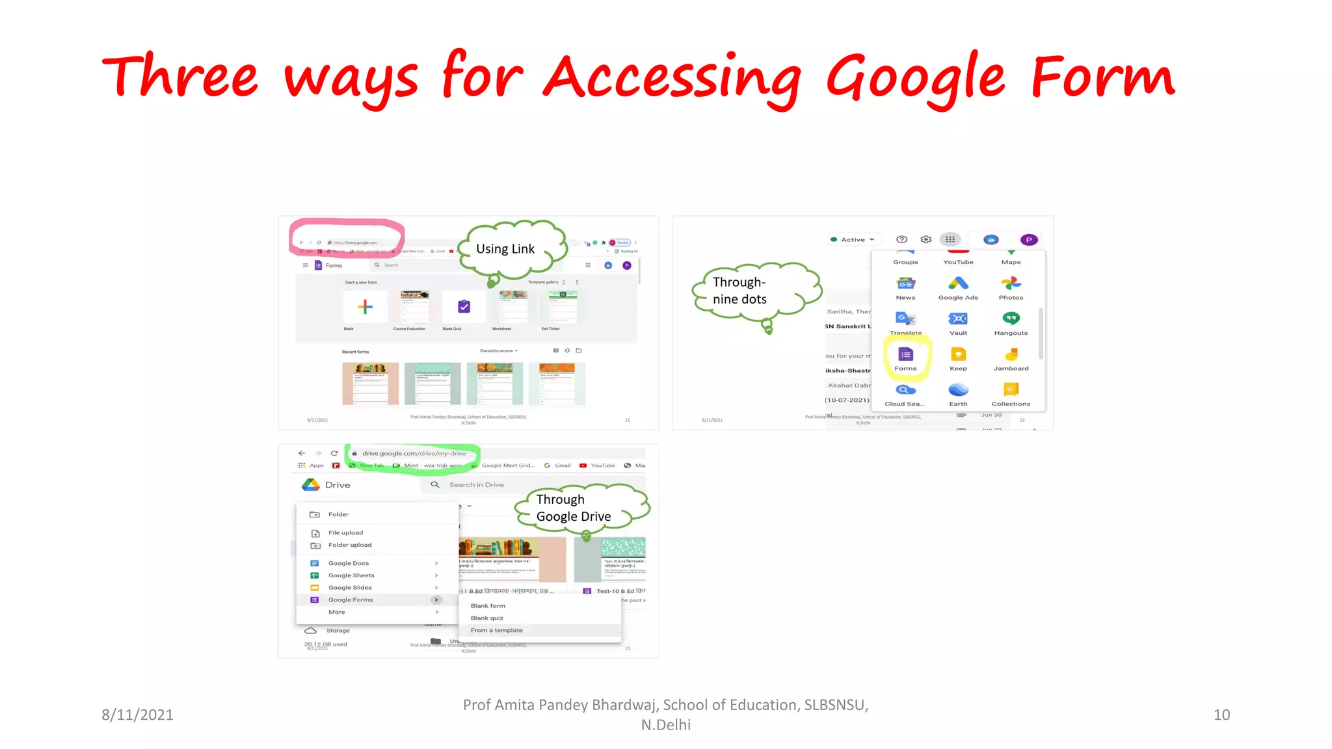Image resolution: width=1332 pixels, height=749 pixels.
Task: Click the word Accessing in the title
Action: coord(672,79)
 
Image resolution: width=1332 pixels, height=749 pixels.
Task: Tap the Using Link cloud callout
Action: coord(505,249)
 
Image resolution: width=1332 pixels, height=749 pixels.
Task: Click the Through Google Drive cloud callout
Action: coord(574,508)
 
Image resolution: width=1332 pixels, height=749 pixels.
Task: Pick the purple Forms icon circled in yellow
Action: coord(905,354)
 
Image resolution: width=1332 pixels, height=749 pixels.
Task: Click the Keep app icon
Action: coord(958,354)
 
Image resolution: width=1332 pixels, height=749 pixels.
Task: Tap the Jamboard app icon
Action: coord(1011,354)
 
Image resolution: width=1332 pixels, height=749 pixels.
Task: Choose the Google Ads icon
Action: coord(958,283)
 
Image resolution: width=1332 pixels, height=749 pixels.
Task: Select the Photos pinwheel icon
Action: coord(1011,283)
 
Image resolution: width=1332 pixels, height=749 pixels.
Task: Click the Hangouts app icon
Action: coord(1011,319)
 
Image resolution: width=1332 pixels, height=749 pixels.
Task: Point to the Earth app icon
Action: coord(958,389)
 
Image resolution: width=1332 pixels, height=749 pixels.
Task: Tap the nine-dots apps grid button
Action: coord(950,239)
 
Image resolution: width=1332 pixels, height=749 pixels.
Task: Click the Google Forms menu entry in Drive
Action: coord(351,599)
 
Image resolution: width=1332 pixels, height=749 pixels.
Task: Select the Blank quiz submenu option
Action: coord(487,618)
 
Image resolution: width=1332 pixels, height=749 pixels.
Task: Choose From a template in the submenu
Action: coord(497,630)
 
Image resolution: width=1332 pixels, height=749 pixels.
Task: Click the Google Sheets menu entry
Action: coord(351,575)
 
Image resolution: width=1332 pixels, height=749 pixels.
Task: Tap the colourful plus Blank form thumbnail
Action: coord(365,307)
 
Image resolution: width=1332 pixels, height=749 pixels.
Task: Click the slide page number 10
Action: coord(1221,715)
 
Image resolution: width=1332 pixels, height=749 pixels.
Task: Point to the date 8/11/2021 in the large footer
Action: coord(137,715)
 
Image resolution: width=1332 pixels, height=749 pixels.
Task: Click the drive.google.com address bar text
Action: coord(414,453)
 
